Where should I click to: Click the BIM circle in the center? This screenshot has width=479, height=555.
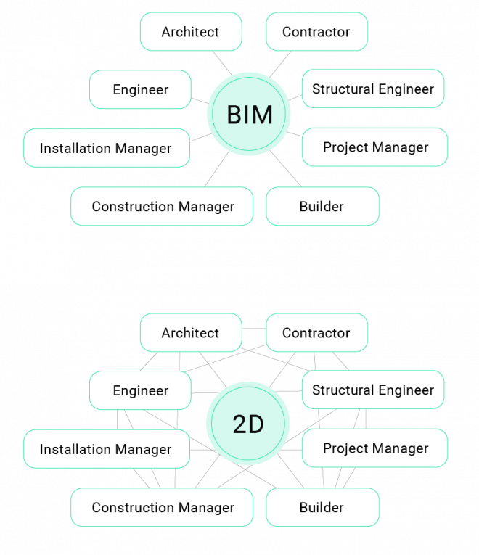(249, 115)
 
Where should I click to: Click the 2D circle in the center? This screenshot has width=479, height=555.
(248, 424)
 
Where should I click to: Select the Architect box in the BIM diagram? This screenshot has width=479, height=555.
(190, 32)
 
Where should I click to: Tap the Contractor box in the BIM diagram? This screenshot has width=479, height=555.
(316, 32)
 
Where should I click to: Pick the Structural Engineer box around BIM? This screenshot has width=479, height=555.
(372, 89)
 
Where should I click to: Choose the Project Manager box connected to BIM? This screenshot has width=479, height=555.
(374, 147)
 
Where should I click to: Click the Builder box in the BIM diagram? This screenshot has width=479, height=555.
(322, 206)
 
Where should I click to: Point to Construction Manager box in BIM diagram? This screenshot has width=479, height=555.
(163, 206)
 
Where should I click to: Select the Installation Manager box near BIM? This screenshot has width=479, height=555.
(106, 148)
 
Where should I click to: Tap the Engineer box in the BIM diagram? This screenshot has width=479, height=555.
(140, 89)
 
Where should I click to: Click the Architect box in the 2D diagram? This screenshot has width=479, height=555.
(190, 333)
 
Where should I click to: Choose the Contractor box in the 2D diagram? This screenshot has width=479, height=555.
(316, 333)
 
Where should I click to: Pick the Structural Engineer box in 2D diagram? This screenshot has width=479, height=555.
(372, 390)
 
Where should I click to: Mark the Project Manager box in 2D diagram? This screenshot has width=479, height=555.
(374, 448)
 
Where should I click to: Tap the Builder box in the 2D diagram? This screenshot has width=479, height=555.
(322, 507)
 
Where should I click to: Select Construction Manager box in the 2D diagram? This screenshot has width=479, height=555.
(163, 507)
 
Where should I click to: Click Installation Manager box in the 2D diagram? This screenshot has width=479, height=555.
(106, 449)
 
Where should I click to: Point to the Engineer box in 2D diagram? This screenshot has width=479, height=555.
(140, 390)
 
